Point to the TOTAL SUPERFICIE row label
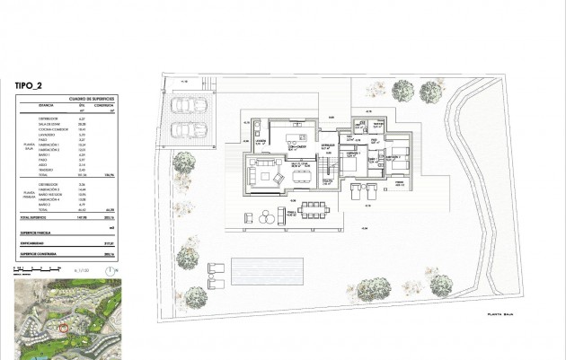(34, 218)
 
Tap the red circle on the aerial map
(63, 328)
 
